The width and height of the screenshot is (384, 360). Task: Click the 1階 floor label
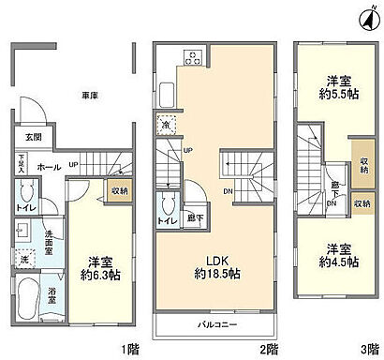pyautogui.click(x=129, y=349)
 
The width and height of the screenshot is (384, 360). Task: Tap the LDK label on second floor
pyautogui.click(x=217, y=258)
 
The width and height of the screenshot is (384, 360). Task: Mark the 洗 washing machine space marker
pyautogui.click(x=23, y=256)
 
